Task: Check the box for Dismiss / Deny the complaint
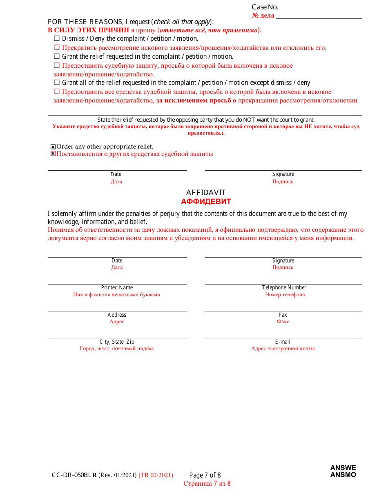[57, 38]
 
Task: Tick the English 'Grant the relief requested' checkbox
[57, 56]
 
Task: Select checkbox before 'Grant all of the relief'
[57, 82]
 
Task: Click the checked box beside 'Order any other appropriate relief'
[53, 147]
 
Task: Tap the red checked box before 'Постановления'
[53, 154]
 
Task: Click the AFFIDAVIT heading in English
[206, 193]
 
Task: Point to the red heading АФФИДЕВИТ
[206, 202]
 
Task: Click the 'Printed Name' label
[117, 287]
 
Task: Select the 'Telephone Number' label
[284, 287]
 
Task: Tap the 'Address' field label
[117, 315]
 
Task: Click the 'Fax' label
[283, 315]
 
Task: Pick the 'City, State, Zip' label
[117, 342]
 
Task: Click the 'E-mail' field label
[283, 342]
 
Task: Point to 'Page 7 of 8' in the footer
[205, 475]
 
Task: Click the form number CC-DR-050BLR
[74, 475]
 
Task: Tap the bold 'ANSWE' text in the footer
[343, 468]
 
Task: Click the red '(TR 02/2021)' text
[156, 475]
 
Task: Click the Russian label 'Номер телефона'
[285, 294]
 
